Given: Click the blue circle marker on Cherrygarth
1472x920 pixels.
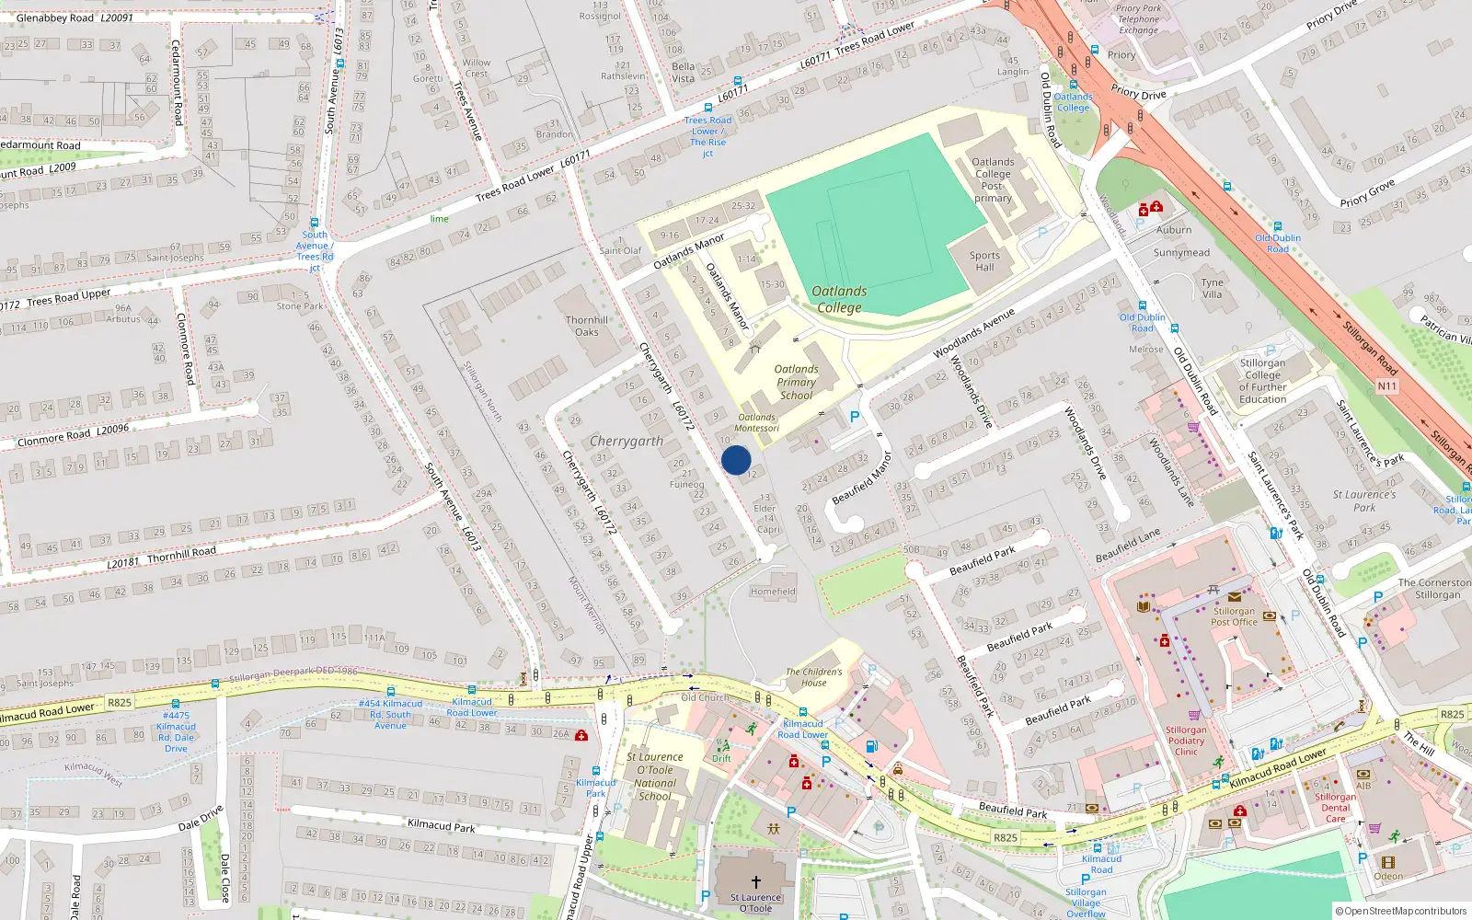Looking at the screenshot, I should [736, 460].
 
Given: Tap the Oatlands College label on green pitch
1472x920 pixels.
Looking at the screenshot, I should [839, 299].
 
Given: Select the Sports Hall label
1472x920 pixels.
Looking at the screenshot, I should [984, 261].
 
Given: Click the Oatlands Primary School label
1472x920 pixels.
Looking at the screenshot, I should [796, 382].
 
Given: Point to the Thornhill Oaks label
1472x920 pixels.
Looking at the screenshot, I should [587, 326].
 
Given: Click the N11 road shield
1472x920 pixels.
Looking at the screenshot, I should [1387, 386].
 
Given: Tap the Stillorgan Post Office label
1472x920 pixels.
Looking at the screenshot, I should [1234, 616].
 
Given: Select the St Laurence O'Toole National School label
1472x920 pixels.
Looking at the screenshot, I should [655, 776].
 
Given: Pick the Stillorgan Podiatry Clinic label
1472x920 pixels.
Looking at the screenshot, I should [1186, 741].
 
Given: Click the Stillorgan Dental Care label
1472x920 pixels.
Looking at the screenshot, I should [1336, 808].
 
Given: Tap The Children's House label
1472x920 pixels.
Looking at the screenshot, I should [813, 677].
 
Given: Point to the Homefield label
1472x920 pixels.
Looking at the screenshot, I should [773, 592].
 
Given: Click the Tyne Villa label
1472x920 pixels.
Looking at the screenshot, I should [1213, 288].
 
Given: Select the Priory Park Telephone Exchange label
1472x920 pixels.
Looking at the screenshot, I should [1139, 19].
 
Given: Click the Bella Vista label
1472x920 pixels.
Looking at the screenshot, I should [683, 72].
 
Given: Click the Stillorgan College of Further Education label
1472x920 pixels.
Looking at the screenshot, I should [1262, 381].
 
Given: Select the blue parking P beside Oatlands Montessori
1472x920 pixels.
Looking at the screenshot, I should [854, 417].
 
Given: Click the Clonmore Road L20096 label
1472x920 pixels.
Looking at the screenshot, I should [74, 436].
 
